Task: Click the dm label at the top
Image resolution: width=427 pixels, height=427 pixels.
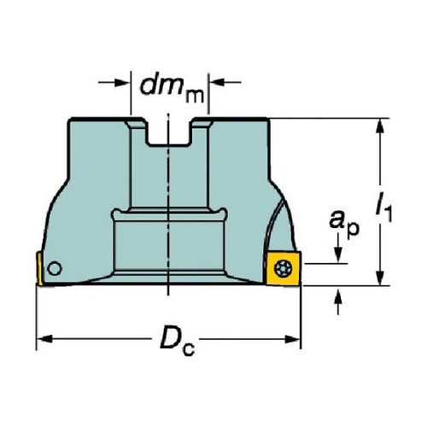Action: pyautogui.click(x=172, y=89)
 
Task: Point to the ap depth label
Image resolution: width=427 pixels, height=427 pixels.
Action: pyautogui.click(x=344, y=223)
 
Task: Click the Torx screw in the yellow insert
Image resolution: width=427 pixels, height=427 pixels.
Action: pyautogui.click(x=283, y=268)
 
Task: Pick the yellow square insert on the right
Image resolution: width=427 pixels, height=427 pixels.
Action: pyautogui.click(x=284, y=268)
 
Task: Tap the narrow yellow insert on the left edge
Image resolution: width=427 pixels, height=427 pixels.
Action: pyautogui.click(x=39, y=268)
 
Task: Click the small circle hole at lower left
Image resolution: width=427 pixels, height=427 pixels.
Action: pyautogui.click(x=55, y=268)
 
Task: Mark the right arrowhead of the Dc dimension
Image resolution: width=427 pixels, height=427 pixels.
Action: pyautogui.click(x=292, y=339)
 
